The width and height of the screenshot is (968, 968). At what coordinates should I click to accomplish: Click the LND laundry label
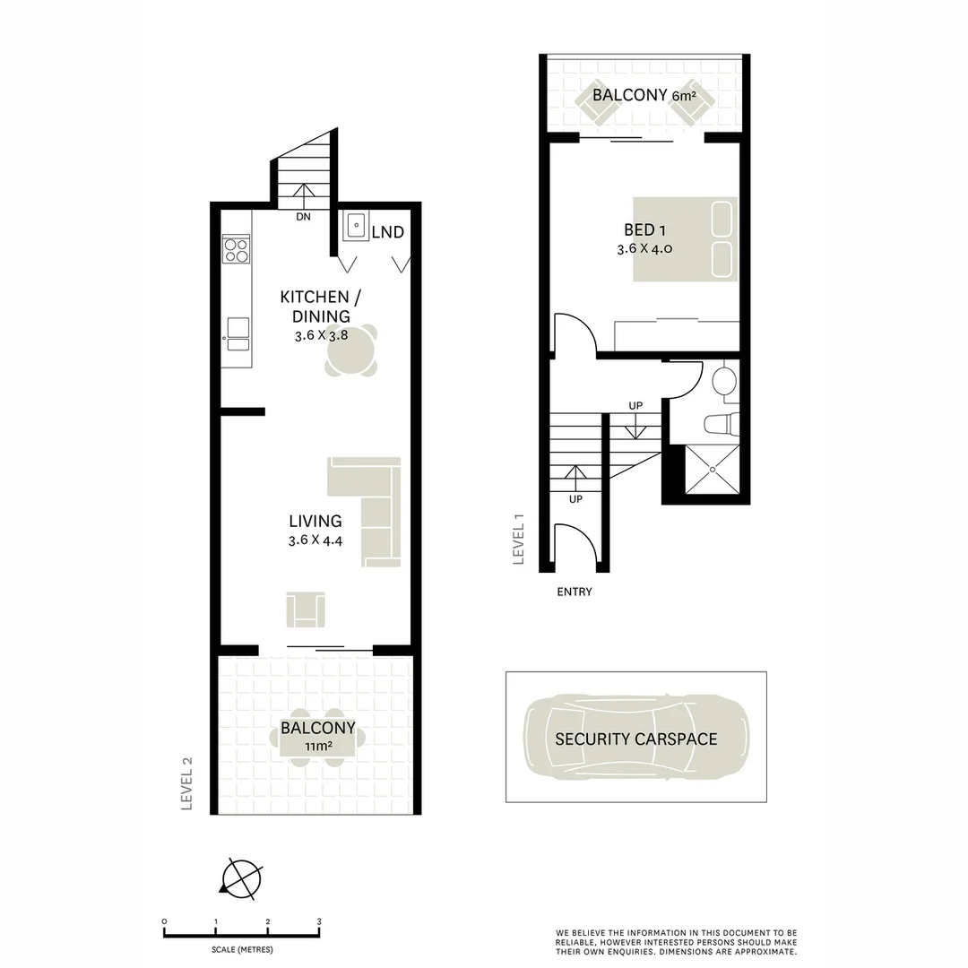tap(387, 232)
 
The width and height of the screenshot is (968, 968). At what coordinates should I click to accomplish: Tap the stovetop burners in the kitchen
tap(237, 249)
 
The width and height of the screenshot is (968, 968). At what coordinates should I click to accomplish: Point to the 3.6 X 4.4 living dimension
tap(315, 540)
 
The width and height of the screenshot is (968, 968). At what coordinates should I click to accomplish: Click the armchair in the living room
tap(306, 610)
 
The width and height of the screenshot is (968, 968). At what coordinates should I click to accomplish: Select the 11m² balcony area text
tap(318, 746)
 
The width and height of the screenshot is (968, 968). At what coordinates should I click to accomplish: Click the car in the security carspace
tap(636, 739)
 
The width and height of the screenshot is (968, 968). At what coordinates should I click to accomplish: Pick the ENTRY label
tap(575, 592)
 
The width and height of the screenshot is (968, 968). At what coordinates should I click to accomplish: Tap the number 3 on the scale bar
tap(319, 921)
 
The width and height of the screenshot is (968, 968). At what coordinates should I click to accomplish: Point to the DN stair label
tap(304, 216)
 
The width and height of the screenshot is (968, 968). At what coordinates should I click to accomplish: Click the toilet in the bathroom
tap(722, 422)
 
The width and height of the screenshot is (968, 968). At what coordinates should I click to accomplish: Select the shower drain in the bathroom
tap(713, 469)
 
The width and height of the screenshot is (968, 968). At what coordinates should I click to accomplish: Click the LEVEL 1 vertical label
tap(517, 538)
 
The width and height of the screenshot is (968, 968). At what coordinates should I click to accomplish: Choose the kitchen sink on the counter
tap(237, 333)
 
